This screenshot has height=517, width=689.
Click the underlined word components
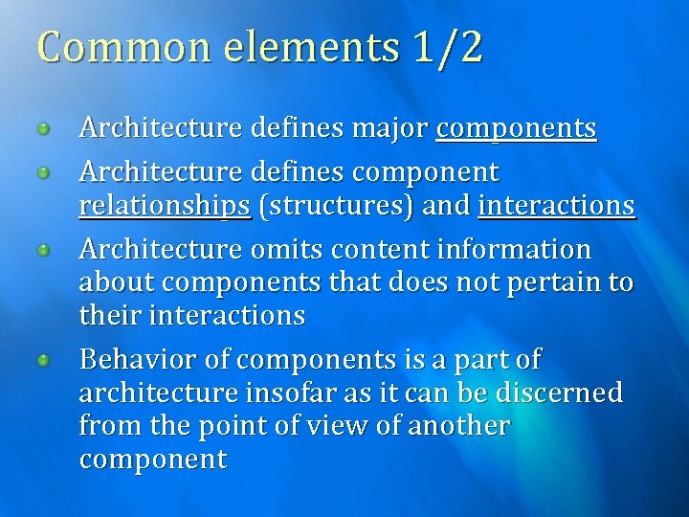coord(516,128)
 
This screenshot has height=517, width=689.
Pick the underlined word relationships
coord(165,206)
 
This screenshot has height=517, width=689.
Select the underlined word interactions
coord(556,206)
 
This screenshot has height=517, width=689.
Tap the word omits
coord(285,250)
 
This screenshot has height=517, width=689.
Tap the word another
coord(458,425)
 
